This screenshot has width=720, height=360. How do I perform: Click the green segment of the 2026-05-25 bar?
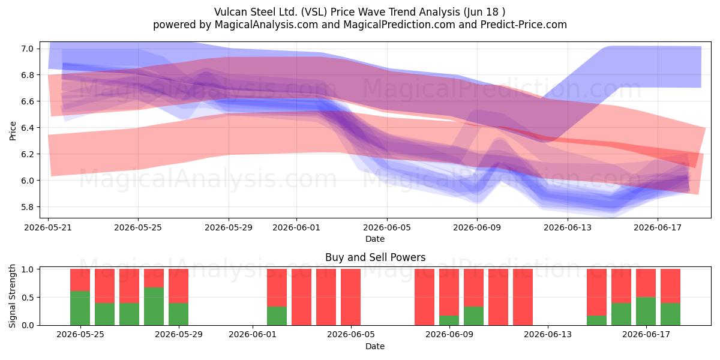[x=80, y=308]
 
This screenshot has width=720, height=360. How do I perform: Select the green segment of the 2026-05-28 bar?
[x=154, y=307]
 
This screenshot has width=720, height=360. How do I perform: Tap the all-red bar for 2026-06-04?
[x=326, y=297]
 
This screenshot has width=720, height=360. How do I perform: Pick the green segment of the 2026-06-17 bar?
[x=646, y=311]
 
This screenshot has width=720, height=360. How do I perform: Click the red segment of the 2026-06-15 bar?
[x=596, y=292]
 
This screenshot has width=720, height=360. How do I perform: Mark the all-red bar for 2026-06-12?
[x=523, y=297]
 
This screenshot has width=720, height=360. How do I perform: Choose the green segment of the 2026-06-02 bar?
[x=277, y=316]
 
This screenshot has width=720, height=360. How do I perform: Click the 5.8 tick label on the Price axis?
[x=28, y=206]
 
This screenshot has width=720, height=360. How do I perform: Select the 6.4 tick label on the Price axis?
[x=28, y=128]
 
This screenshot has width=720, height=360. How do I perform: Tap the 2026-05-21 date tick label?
[x=48, y=227]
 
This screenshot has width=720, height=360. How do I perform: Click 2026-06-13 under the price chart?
[x=568, y=227]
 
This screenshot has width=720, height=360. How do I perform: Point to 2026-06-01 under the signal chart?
[x=253, y=334]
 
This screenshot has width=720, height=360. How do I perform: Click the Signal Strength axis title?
[x=12, y=296]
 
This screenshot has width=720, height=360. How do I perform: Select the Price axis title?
[x=13, y=131]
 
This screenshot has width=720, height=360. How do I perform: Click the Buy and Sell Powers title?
[x=376, y=257]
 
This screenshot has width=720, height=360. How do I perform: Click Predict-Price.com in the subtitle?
[x=524, y=25]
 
